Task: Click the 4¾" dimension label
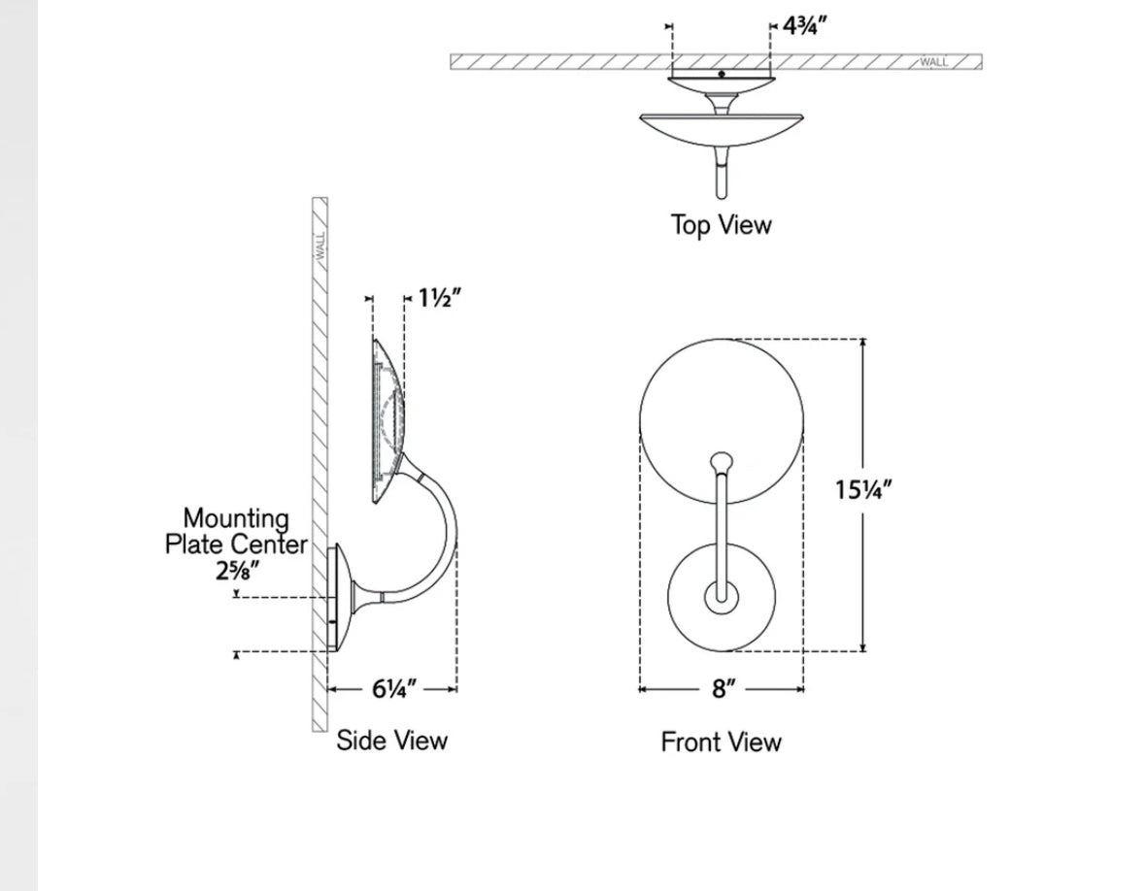coord(804,26)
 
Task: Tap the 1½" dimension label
coord(439,298)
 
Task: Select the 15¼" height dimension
coord(862,489)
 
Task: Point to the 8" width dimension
coord(721,689)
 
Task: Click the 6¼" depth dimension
coord(394,689)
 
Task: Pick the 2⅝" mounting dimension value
coord(237,571)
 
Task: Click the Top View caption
coord(721,225)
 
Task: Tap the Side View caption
coord(392,741)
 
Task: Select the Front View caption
coord(721,742)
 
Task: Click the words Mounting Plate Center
coord(236,532)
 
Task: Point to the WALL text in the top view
coord(933,62)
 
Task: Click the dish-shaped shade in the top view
coord(721,126)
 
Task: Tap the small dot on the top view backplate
coord(721,74)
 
